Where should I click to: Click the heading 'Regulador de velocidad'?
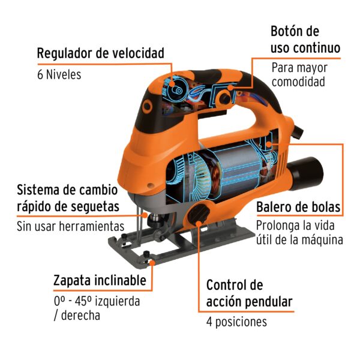coord(100,53)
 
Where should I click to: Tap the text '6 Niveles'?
coord(59,75)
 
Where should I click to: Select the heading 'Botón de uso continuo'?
coord(305,39)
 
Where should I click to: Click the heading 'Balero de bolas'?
coord(298,208)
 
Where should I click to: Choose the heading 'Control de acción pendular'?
coord(249,293)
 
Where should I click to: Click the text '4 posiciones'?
coord(236,322)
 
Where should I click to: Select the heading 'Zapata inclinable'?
coord(99,280)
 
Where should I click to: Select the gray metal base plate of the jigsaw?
coord(180,246)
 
